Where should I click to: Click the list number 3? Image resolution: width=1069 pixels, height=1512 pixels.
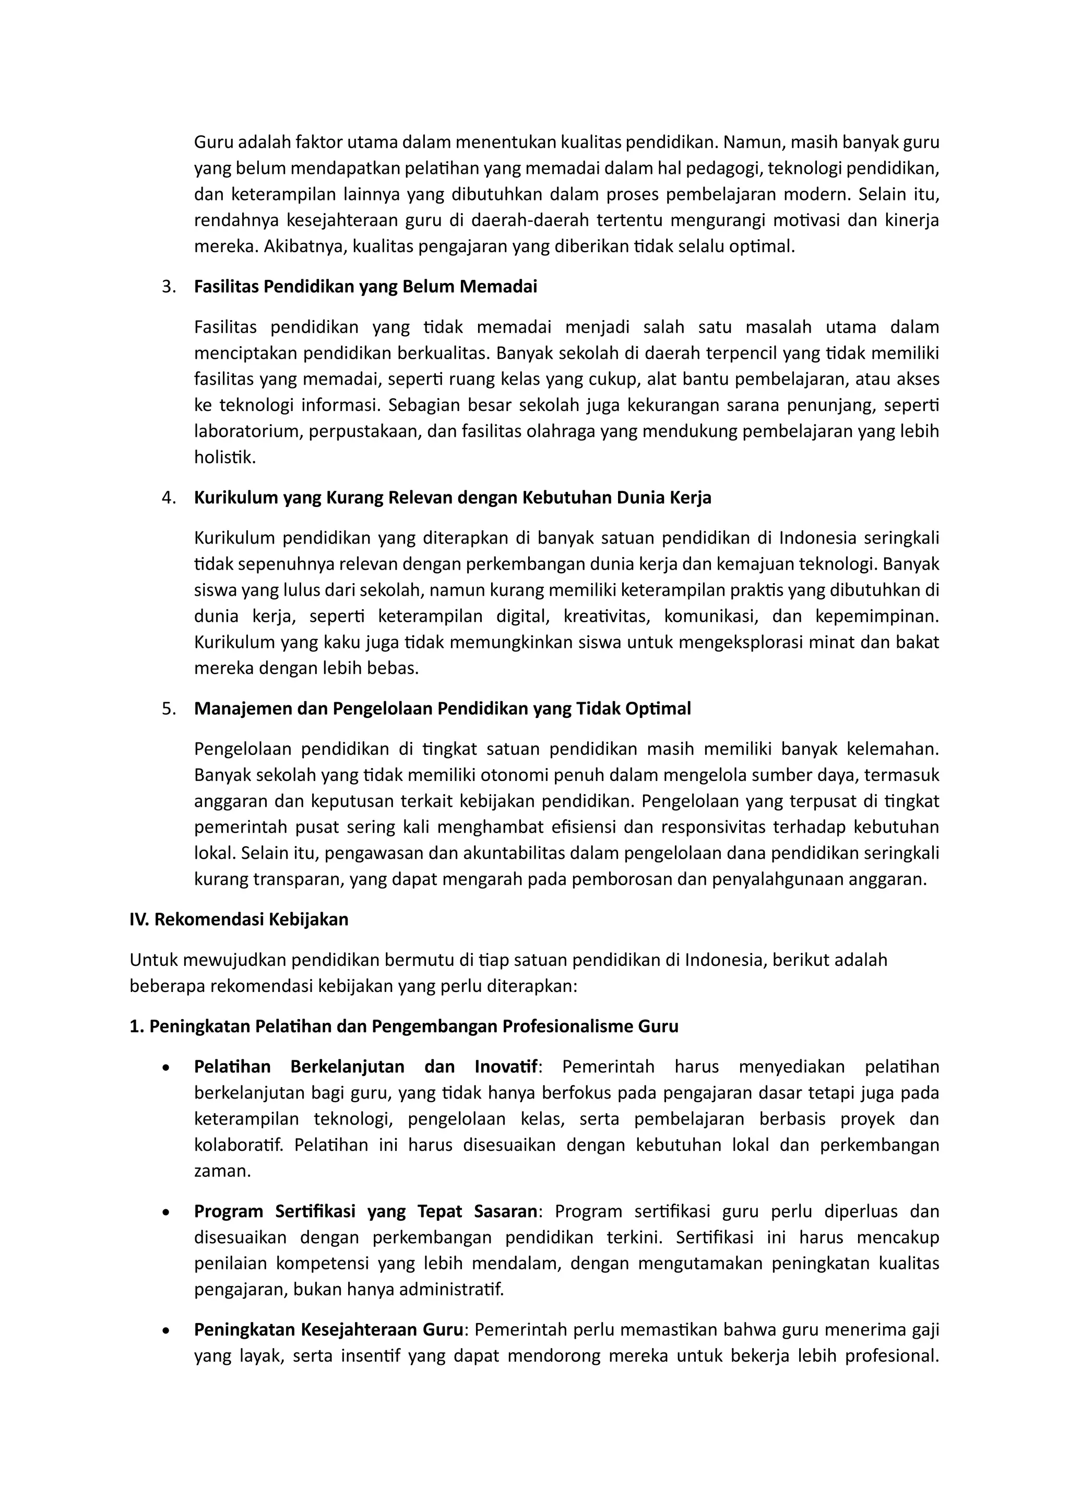pyautogui.click(x=168, y=287)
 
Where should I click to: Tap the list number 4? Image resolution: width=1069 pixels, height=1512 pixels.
pyautogui.click(x=168, y=498)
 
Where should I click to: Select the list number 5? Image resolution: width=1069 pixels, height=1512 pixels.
pyautogui.click(x=168, y=709)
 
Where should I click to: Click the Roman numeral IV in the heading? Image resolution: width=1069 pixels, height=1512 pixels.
pyautogui.click(x=139, y=919)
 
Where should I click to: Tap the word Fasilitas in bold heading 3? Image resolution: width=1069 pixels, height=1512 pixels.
pyautogui.click(x=227, y=287)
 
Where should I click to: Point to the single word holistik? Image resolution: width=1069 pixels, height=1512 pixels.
pyautogui.click(x=224, y=458)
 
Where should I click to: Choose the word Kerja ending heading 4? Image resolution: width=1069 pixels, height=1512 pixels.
pyautogui.click(x=690, y=498)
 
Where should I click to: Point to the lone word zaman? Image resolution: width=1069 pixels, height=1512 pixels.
pyautogui.click(x=222, y=1172)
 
